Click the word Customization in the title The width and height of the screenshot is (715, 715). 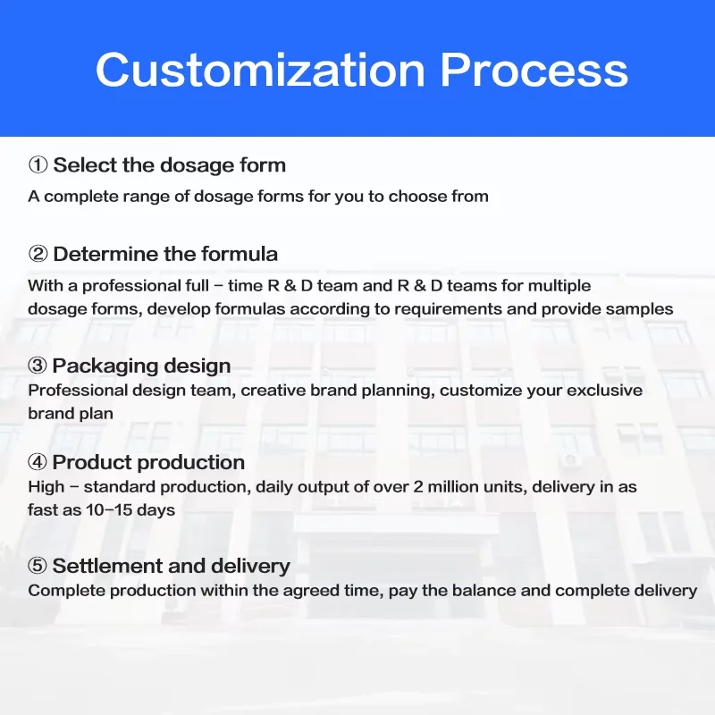260,70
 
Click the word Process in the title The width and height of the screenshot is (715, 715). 534,70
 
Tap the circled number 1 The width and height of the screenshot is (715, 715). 38,165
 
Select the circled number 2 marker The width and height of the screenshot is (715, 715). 38,254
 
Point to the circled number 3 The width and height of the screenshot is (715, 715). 38,366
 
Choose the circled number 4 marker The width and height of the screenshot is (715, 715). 38,462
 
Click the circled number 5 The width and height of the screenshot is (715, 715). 38,566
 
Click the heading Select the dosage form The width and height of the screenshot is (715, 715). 170,165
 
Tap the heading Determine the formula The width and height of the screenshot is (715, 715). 165,254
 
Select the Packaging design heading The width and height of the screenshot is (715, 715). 141,366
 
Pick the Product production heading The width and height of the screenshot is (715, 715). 148,462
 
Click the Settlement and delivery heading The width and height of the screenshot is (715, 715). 172,566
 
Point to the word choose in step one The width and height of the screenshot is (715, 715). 417,197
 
